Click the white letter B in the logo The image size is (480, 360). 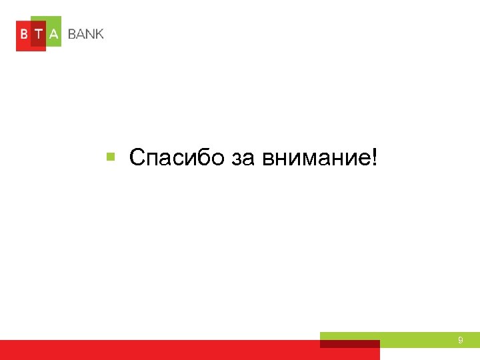click(23, 34)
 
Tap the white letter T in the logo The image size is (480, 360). click(39, 34)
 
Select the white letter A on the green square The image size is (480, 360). click(54, 34)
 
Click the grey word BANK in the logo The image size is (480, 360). click(85, 34)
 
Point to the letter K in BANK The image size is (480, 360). click(99, 34)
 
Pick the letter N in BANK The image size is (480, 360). click(90, 34)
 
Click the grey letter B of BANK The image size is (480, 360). click(71, 34)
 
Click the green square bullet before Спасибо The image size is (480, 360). click(111, 157)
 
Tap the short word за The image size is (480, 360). click(247, 159)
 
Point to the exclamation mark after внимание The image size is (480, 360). click(373, 158)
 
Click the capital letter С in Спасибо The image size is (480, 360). click(137, 158)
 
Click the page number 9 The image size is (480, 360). click(460, 341)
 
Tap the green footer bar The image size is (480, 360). click(427, 339)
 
